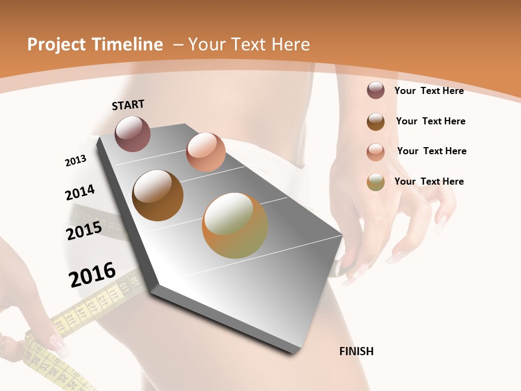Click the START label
click(128, 105)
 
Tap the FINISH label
click(357, 351)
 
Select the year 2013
click(75, 161)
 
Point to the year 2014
click(80, 192)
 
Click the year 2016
click(92, 274)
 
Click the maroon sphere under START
click(132, 134)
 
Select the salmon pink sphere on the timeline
click(206, 152)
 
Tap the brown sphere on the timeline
click(157, 195)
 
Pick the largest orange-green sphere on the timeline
click(234, 225)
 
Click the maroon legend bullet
click(376, 91)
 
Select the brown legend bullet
click(376, 121)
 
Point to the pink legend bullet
click(376, 152)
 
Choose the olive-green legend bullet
click(376, 182)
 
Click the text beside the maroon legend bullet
click(429, 91)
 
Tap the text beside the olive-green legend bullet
click(429, 181)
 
